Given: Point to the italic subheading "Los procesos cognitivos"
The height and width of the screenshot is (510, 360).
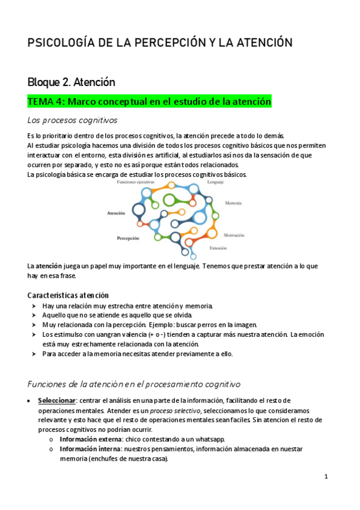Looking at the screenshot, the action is click(72, 120).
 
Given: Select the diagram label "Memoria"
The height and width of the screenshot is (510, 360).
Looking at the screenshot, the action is click(233, 203).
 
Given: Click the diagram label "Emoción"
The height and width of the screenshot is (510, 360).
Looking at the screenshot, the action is click(218, 248).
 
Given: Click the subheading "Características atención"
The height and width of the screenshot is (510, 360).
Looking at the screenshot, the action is click(68, 295).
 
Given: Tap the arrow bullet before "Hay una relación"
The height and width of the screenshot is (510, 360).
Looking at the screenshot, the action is click(33, 306).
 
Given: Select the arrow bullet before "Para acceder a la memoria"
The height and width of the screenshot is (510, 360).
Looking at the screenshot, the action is click(33, 354).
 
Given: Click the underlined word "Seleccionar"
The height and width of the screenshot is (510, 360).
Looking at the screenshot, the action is click(56, 401).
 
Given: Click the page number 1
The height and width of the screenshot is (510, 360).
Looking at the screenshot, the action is click(325, 477).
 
